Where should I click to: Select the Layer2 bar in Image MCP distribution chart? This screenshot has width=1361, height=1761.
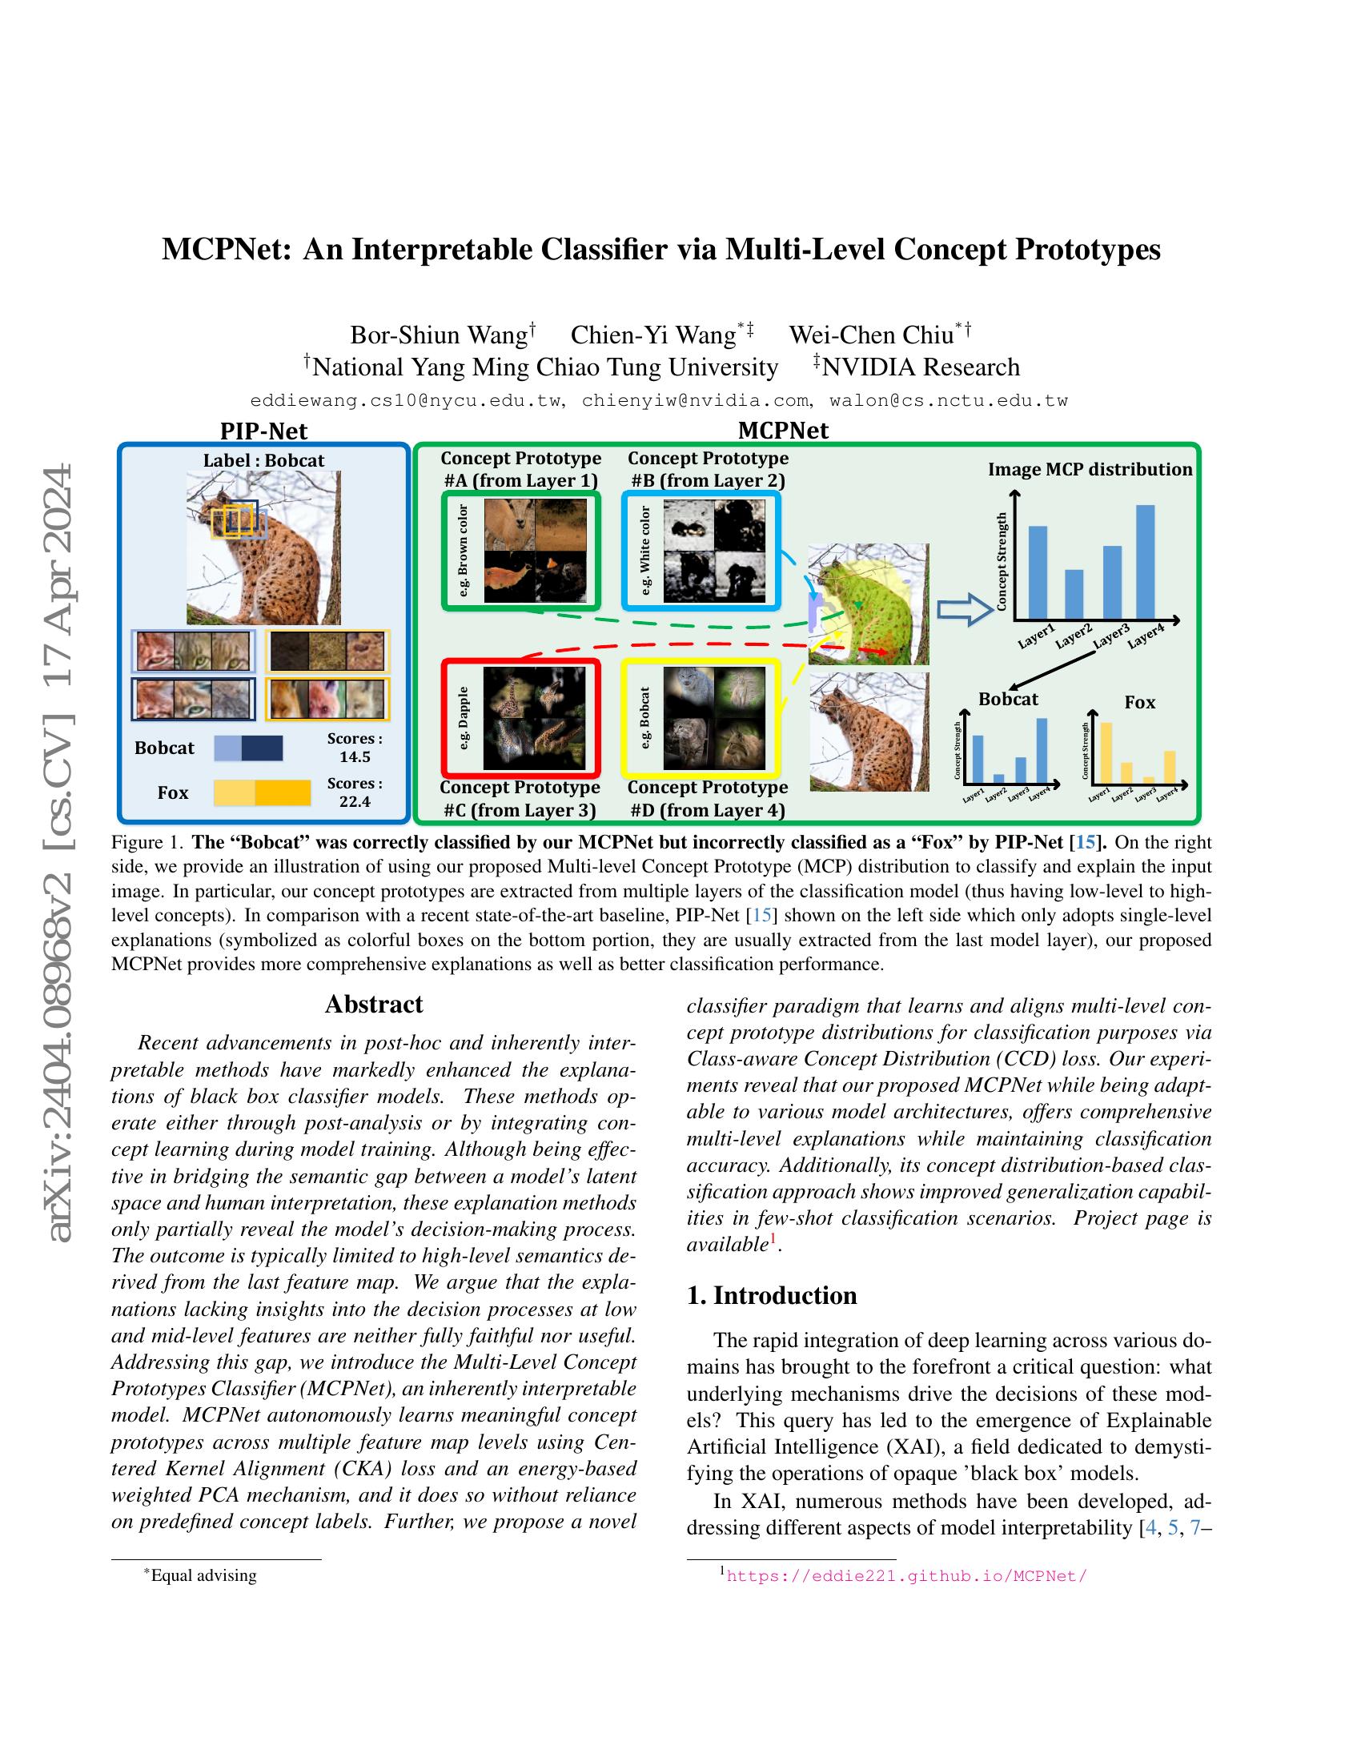pos(1074,593)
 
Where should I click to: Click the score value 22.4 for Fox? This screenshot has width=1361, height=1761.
pos(355,801)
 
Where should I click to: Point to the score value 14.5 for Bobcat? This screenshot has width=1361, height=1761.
pos(355,756)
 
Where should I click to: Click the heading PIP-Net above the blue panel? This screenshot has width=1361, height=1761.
pos(263,431)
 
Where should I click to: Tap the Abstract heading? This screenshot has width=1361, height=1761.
pos(373,1004)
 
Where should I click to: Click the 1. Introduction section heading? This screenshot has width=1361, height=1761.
pos(772,1295)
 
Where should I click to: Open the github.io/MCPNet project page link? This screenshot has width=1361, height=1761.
pos(906,1575)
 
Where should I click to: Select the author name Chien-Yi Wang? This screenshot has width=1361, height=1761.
pos(654,335)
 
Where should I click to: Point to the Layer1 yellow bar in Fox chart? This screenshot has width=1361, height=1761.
pos(1106,752)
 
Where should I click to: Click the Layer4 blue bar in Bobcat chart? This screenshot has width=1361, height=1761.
pos(1042,749)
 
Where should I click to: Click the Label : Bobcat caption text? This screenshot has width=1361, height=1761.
pos(263,460)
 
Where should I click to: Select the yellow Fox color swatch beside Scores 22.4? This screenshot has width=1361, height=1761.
pos(262,792)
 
